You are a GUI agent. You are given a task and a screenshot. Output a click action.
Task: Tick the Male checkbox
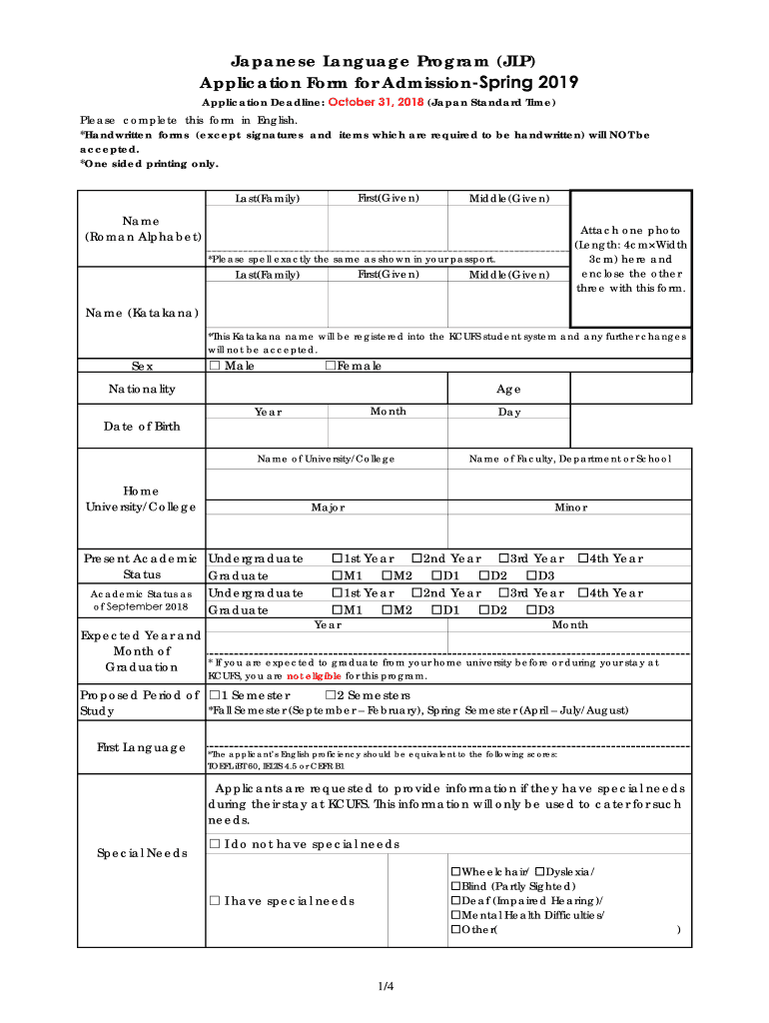point(214,367)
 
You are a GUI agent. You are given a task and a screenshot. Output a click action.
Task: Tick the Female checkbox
point(331,367)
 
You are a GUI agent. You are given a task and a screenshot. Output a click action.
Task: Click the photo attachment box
point(630,259)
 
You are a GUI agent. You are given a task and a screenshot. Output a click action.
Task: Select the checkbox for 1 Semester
point(214,695)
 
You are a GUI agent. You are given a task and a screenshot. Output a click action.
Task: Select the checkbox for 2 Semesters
point(331,695)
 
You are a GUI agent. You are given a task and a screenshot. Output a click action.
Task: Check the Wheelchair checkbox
point(456,871)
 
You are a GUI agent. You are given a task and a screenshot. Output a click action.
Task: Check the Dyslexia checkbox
point(539,871)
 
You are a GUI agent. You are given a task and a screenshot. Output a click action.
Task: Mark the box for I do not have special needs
point(214,844)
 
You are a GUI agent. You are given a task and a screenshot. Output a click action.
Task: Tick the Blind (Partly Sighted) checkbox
point(456,886)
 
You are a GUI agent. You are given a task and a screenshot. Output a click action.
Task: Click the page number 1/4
point(384,987)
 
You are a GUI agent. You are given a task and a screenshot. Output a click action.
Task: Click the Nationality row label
point(142,389)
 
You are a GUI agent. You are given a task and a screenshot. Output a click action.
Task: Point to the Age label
point(508,390)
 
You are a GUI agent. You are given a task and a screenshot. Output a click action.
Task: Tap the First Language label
point(142,747)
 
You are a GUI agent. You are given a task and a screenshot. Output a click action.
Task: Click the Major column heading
point(328,508)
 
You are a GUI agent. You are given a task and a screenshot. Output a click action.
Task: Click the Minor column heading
point(570,508)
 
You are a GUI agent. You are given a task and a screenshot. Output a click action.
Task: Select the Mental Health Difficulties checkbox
point(456,915)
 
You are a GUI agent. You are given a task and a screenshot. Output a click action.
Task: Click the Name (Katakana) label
point(142,314)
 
